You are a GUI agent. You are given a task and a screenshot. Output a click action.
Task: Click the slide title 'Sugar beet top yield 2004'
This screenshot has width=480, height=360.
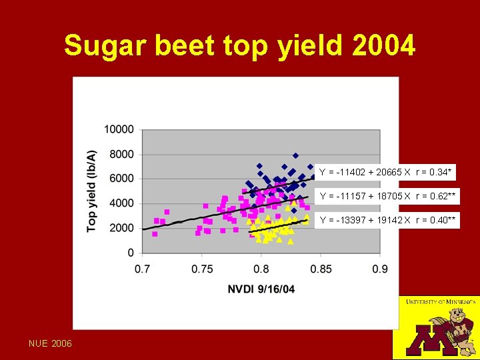(x=240, y=46)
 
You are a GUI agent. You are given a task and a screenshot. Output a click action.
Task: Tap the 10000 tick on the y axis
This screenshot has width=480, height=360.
(x=119, y=129)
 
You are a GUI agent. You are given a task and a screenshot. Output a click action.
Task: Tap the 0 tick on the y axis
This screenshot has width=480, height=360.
(x=130, y=253)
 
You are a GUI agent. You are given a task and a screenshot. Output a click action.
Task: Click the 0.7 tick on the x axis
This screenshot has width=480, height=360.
(x=143, y=269)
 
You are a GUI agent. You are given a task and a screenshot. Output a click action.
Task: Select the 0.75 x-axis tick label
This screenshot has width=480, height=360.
(x=202, y=269)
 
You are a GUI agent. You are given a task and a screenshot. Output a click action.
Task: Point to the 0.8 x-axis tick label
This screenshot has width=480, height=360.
(x=261, y=269)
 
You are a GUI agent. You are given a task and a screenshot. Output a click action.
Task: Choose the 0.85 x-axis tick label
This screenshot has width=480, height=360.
(x=321, y=269)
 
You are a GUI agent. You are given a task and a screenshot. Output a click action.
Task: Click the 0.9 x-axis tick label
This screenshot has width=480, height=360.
(x=380, y=269)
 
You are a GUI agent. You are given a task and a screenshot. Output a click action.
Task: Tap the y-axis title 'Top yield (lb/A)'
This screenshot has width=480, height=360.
(x=91, y=191)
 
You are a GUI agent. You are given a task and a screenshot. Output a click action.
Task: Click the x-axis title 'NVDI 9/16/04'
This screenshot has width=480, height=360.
(x=261, y=289)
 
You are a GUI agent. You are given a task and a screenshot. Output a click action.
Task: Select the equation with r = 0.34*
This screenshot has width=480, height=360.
(x=385, y=173)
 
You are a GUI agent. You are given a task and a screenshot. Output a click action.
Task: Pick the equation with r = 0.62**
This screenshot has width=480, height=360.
(x=388, y=196)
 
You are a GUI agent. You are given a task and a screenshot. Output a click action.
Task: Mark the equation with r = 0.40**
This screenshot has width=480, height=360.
(x=388, y=220)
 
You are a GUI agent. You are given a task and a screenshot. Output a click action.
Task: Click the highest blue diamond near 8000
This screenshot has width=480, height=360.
(x=295, y=156)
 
